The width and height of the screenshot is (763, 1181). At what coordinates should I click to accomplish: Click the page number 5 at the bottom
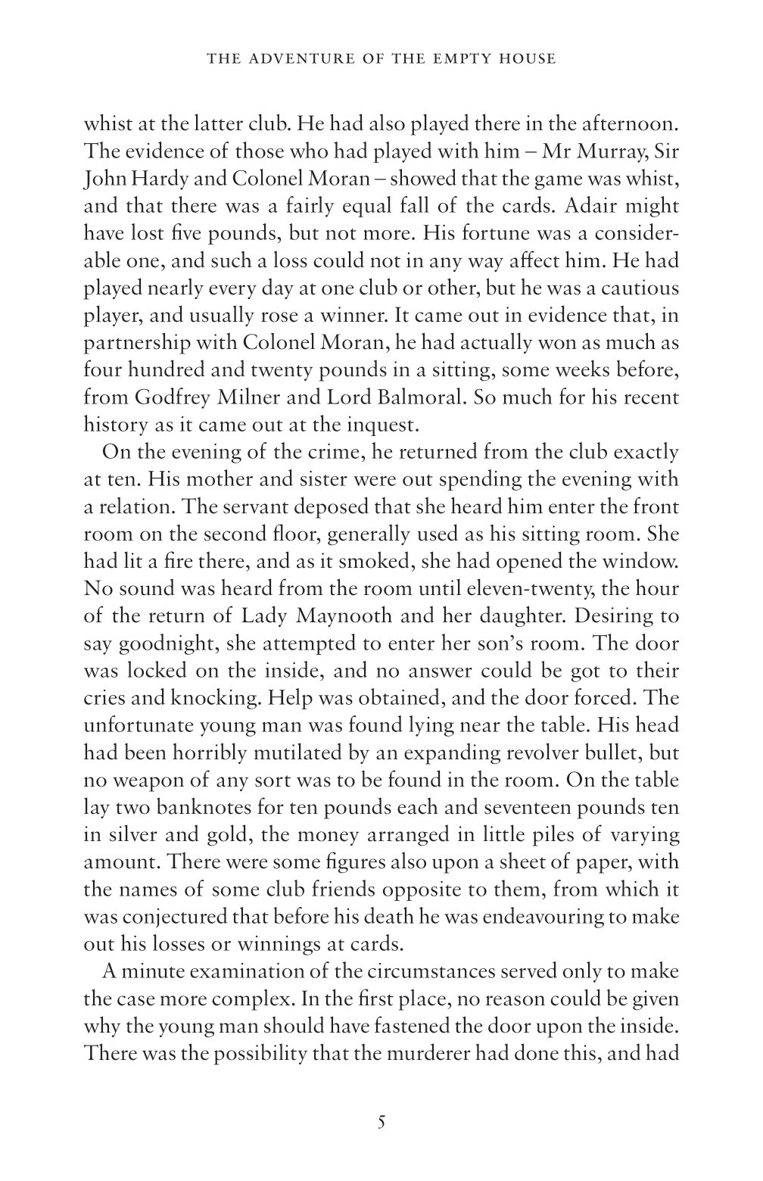coord(381,1122)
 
